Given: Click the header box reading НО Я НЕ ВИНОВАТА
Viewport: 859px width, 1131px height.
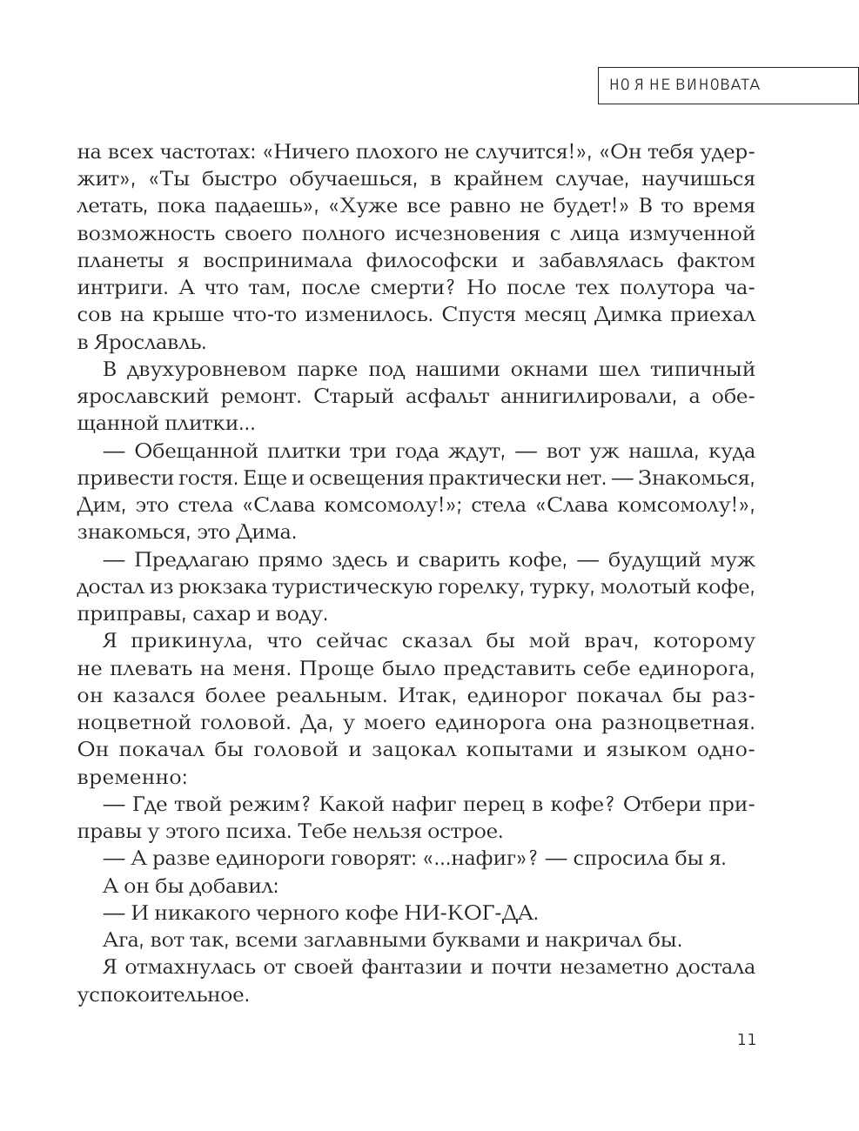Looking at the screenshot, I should pos(728,85).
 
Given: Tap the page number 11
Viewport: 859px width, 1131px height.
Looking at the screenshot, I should pos(746,1040).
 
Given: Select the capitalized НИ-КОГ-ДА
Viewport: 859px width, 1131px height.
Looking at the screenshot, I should pos(471,913).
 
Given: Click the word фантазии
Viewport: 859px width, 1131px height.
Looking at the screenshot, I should pos(345,967).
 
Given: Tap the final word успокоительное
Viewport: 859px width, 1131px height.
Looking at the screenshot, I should pos(163,994).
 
